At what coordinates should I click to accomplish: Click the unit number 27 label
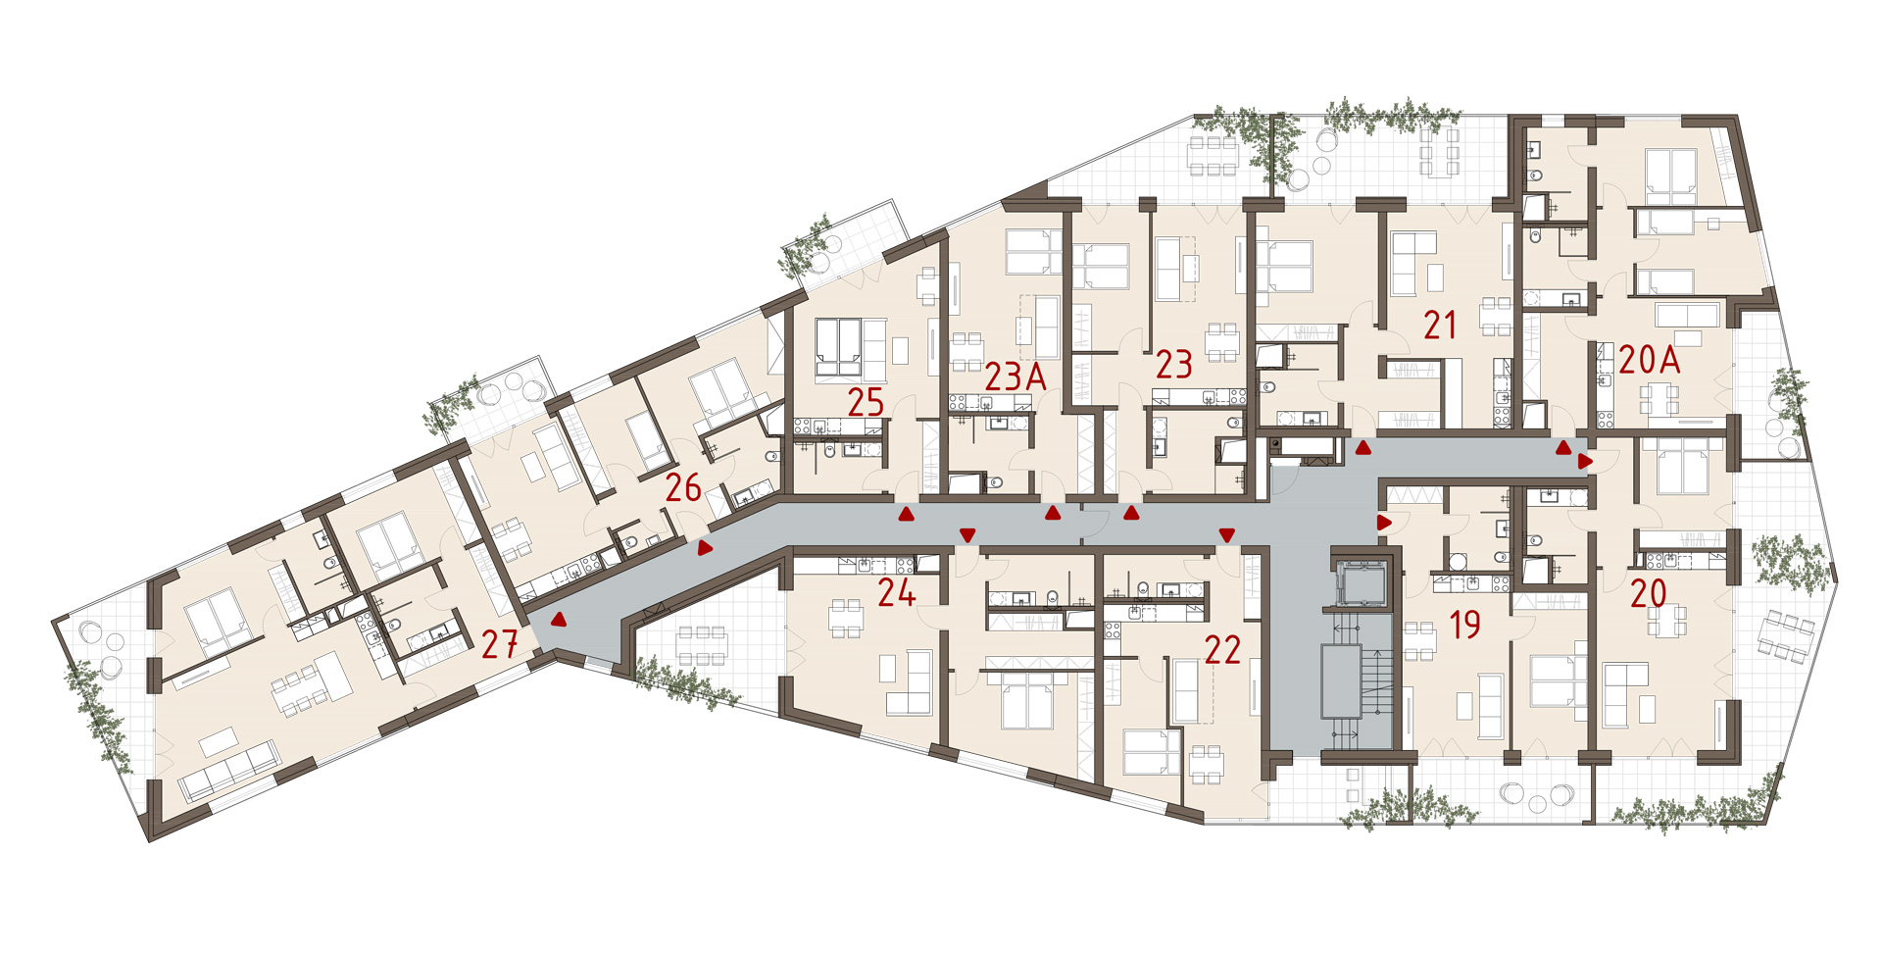[499, 644]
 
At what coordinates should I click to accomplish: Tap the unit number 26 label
[683, 487]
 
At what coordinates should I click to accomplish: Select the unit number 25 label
[867, 402]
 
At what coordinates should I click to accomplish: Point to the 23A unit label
[1015, 377]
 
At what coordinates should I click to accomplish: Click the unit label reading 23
[1173, 365]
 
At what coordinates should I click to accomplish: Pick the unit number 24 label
[896, 592]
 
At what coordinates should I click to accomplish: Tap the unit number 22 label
[1222, 649]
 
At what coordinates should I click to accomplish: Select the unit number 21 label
[1440, 326]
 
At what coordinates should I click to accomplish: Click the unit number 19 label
[1464, 625]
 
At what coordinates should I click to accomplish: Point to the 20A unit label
[1650, 360]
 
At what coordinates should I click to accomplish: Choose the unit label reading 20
[1648, 593]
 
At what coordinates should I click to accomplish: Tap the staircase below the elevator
[1358, 682]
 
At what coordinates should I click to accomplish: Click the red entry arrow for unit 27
[559, 620]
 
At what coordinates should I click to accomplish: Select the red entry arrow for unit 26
[705, 548]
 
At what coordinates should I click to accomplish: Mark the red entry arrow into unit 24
[967, 534]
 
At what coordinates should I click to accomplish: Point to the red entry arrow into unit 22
[1226, 534]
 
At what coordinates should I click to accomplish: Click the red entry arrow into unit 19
[1384, 523]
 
